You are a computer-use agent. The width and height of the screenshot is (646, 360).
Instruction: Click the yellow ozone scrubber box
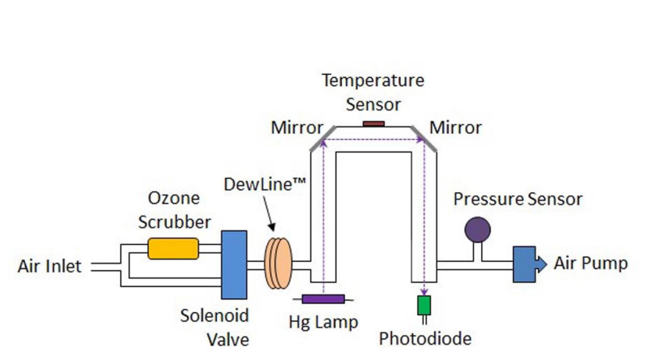pos(173,249)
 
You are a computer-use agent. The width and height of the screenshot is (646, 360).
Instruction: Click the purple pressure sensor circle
pos(477,230)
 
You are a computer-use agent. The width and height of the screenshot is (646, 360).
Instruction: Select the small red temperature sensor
pos(374,123)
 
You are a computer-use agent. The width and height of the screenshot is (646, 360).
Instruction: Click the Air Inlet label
pos(49,266)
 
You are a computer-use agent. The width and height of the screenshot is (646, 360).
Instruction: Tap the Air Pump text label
pos(591,264)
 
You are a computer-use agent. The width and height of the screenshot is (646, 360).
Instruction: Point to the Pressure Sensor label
pos(517,199)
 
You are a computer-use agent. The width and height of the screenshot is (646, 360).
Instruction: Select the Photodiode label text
pos(425,339)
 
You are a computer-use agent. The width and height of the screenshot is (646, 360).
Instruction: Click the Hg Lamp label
pos(324,322)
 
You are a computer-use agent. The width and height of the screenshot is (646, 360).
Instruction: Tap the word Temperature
pos(373,80)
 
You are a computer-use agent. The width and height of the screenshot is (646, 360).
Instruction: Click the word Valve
pos(225,339)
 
